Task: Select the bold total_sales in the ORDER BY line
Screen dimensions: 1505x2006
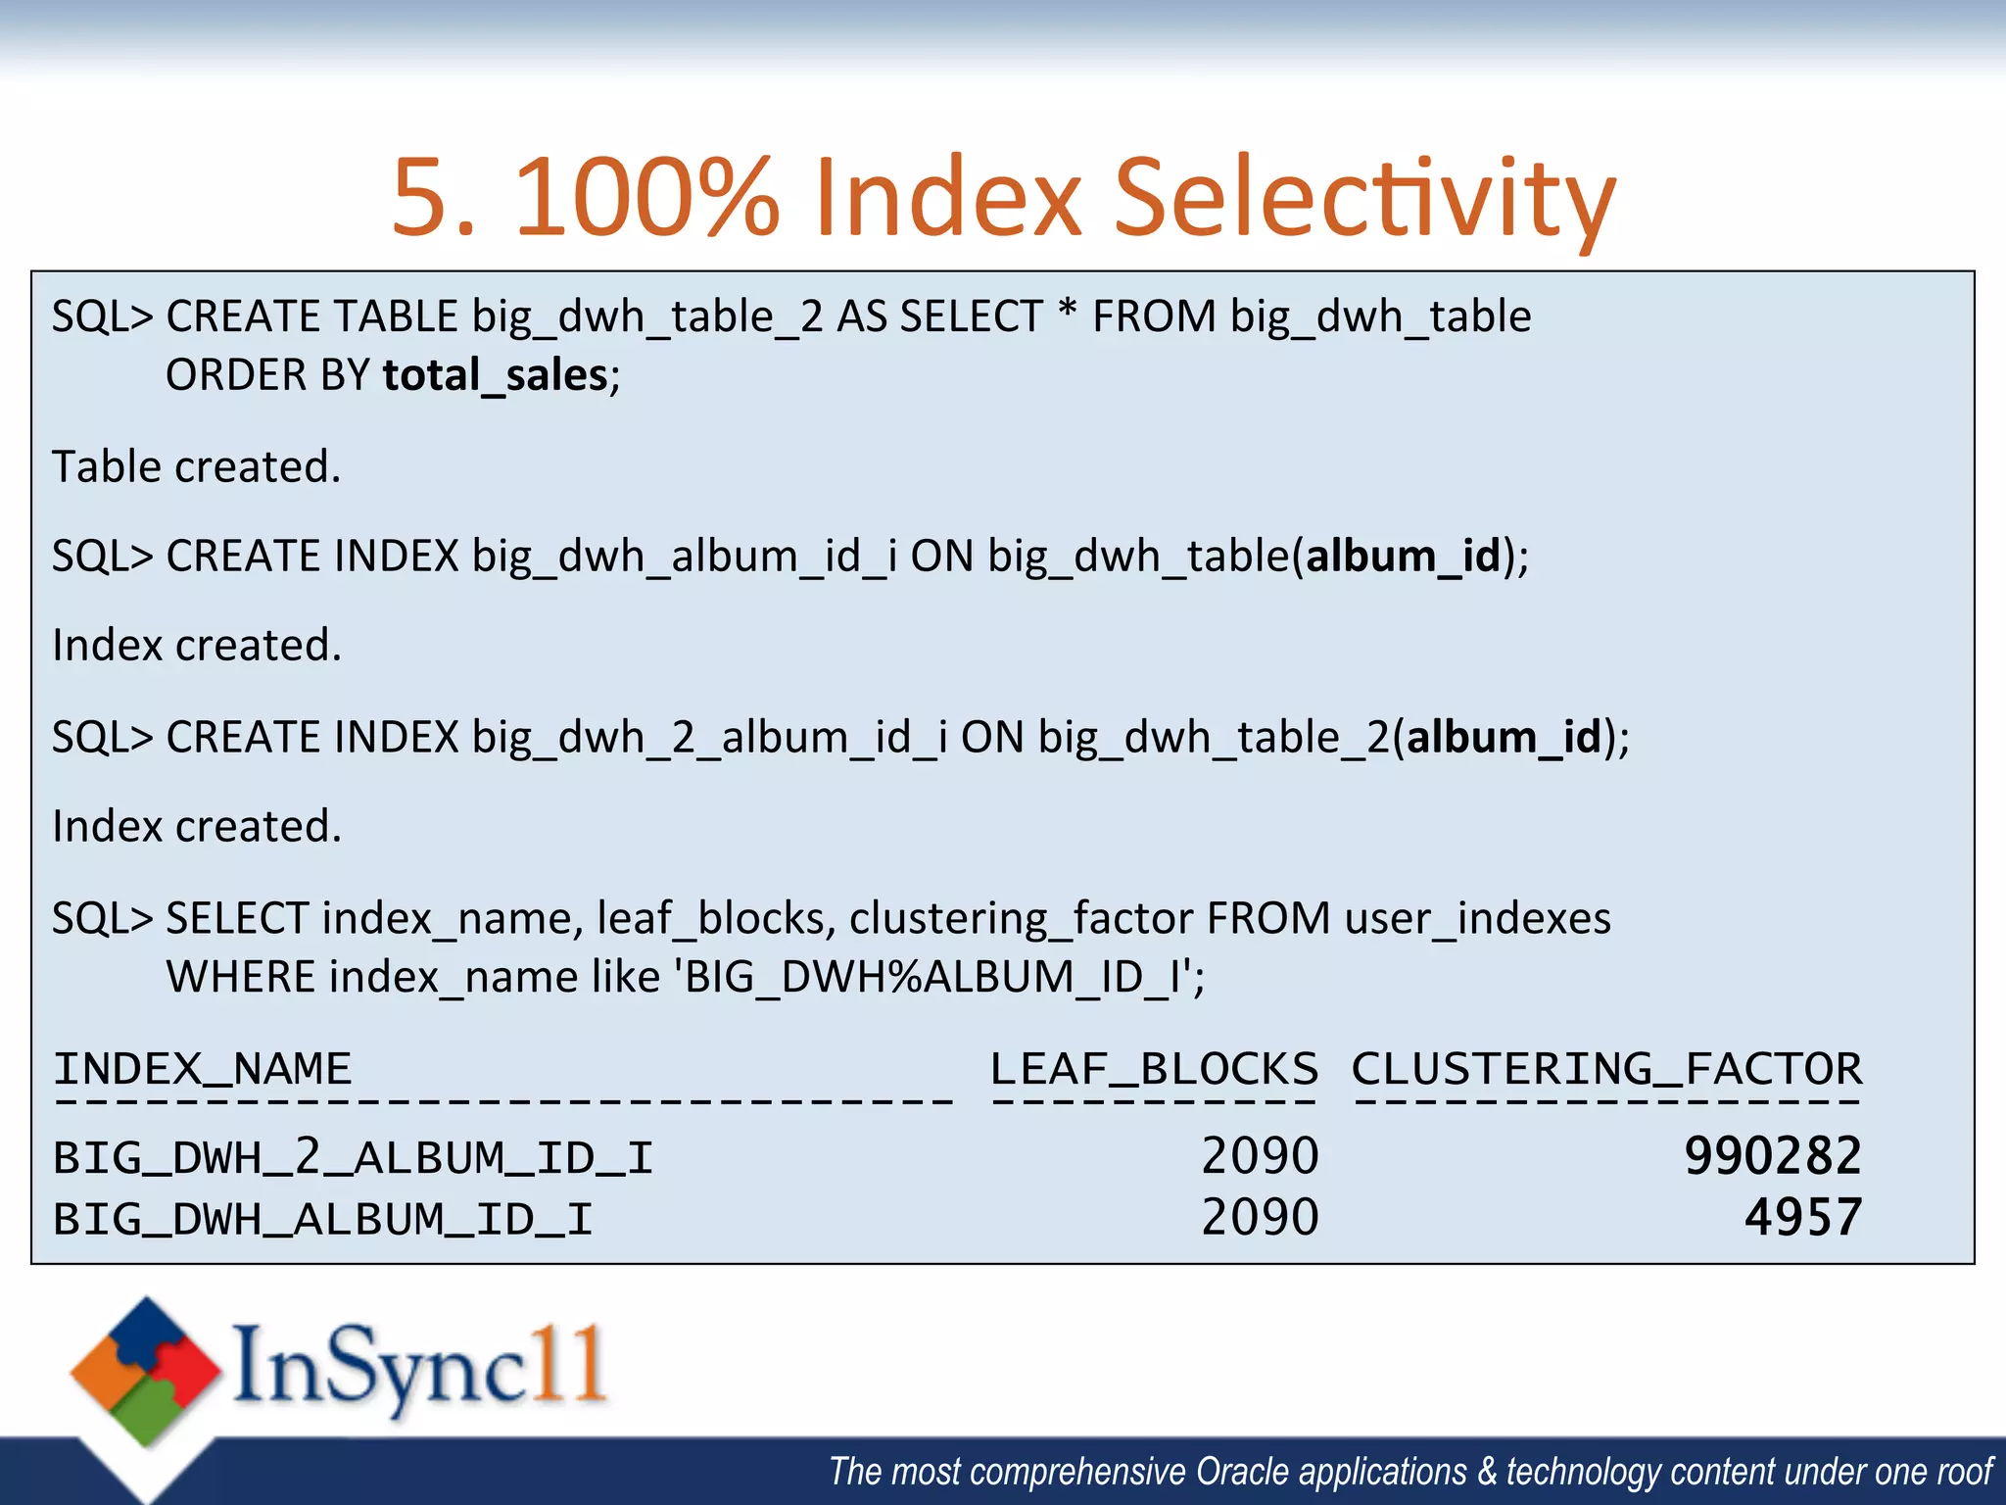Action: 496,376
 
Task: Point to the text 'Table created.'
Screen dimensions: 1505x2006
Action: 197,466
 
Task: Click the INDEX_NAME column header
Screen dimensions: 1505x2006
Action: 203,1069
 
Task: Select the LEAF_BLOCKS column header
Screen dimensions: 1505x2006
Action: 1154,1069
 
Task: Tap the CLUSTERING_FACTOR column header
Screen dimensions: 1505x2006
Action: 1606,1069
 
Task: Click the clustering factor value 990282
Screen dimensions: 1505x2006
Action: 1772,1156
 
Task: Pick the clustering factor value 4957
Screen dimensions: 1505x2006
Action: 1802,1218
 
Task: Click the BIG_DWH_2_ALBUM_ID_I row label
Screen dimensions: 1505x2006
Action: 353,1158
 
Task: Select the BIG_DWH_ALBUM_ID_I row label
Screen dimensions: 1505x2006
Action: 323,1220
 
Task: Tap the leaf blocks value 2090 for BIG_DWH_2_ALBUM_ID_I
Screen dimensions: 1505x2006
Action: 1260,1156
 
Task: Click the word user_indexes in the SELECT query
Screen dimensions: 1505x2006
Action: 1477,919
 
